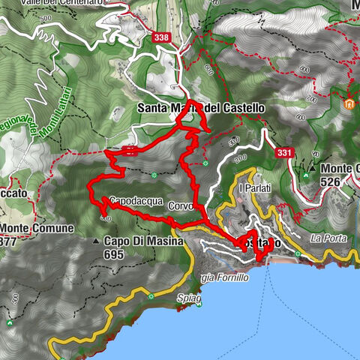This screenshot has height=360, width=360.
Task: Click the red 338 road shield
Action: point(160,36)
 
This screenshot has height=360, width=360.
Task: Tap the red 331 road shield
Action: point(284,153)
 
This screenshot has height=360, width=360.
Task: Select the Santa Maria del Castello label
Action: point(201,108)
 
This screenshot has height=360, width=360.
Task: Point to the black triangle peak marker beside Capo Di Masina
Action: point(97,241)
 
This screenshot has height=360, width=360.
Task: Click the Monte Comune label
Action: point(37,227)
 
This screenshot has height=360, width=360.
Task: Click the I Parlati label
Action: point(253,189)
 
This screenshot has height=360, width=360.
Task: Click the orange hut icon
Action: point(349,103)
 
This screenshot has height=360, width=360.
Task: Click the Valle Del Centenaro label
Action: point(67,4)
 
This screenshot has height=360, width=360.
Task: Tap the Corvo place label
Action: point(181,205)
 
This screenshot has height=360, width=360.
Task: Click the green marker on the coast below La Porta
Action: point(298,254)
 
